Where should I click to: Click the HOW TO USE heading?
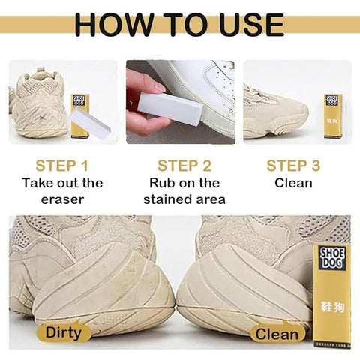click(179, 23)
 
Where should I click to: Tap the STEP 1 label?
click(62, 165)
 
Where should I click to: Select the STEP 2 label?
click(184, 165)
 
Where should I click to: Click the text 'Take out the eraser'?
click(62, 191)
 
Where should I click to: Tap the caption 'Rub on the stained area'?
click(184, 191)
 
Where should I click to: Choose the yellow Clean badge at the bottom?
click(277, 333)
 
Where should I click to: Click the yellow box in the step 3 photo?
click(333, 114)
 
